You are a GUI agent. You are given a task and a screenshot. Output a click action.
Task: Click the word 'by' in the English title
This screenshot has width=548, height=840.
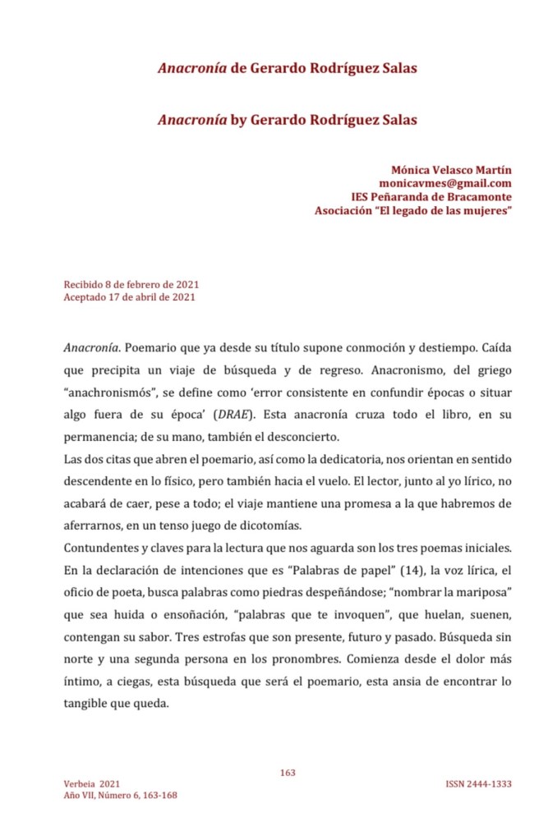238,120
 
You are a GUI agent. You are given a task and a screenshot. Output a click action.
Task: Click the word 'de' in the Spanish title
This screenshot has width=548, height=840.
238,68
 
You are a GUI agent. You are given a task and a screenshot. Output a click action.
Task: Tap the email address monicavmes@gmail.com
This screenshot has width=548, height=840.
445,183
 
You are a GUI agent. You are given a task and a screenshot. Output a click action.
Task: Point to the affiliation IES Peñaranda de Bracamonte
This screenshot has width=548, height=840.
431,197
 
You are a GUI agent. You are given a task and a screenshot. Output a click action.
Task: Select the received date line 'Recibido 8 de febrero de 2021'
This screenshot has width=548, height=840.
131,285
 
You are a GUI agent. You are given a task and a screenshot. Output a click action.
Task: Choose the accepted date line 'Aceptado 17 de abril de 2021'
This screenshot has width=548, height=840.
129,297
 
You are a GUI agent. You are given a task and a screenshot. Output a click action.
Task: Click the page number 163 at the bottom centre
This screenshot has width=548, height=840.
287,772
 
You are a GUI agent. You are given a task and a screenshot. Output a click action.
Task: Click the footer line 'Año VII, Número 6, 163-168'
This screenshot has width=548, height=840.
120,795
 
